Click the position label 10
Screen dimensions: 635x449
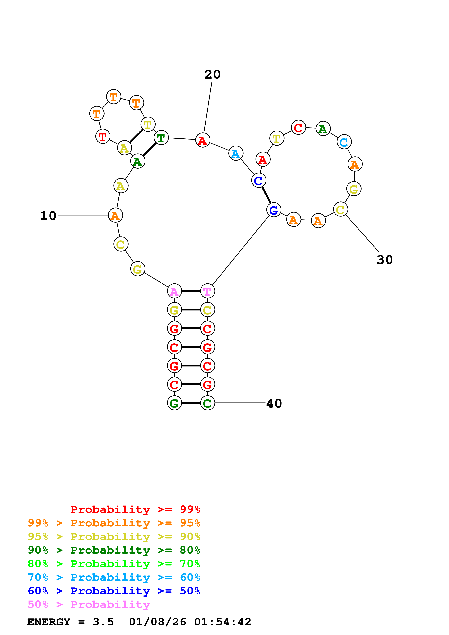pos(48,216)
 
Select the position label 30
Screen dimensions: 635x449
pos(385,260)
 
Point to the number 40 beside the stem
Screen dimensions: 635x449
pos(274,403)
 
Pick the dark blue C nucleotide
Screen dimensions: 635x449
pos(258,181)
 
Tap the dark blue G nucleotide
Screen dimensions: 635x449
pos(274,210)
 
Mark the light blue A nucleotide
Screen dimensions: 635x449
pos(236,154)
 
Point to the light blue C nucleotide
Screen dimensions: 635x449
pos(344,142)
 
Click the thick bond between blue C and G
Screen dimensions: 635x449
pos(266,195)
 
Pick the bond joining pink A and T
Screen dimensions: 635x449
pos(191,291)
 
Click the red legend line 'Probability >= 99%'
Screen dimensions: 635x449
pos(135,509)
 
